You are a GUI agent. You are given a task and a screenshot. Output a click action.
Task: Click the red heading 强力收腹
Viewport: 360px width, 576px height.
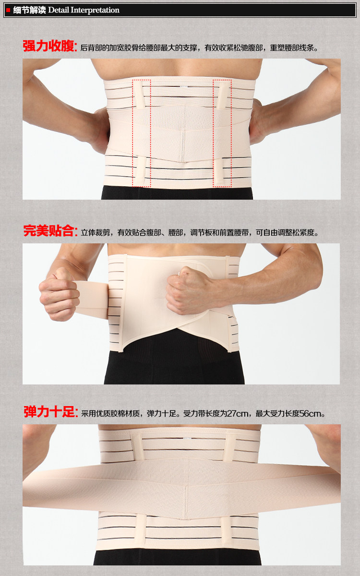(x=49, y=46)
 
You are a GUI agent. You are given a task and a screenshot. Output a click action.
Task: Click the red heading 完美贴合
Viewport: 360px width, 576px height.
(x=50, y=231)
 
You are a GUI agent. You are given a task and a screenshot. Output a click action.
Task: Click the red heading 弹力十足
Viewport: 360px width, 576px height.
(x=50, y=412)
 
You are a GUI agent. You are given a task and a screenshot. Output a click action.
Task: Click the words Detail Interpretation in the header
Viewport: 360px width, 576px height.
(x=84, y=10)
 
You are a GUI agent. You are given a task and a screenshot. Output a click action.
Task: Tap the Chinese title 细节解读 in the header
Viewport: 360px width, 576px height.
(x=29, y=10)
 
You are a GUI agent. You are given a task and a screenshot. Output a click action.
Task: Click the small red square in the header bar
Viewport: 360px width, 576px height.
(x=8, y=10)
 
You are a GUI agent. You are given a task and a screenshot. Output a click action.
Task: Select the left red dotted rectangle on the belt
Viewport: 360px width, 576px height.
(x=142, y=133)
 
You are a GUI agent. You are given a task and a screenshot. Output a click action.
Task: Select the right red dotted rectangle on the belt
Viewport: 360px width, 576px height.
(x=222, y=133)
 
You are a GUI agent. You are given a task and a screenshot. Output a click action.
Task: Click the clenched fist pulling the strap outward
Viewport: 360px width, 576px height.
(x=59, y=293)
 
